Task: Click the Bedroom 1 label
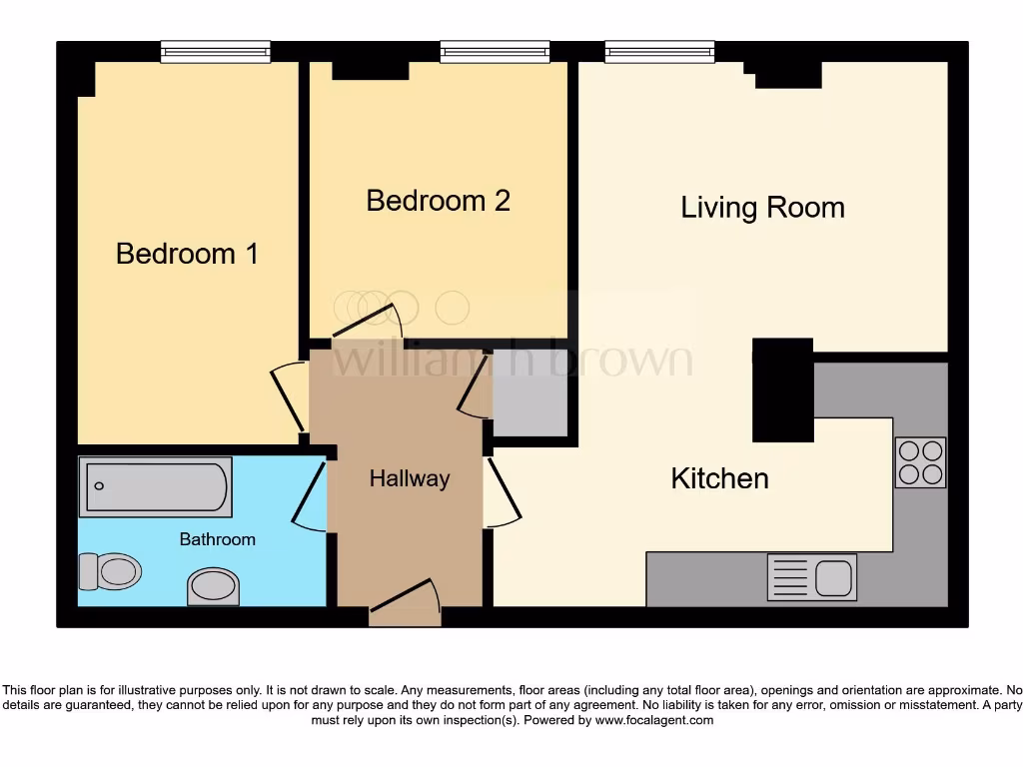pos(187,254)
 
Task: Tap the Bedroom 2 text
pos(438,201)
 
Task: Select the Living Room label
pos(762,208)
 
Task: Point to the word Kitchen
pos(719,478)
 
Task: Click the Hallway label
pos(409,479)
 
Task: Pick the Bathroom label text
pos(217,539)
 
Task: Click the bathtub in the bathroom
pos(155,486)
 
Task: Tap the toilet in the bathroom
pos(109,571)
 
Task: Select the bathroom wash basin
pos(213,585)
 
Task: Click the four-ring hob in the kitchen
pos(920,462)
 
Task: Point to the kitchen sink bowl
pos(833,577)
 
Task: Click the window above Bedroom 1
pos(216,51)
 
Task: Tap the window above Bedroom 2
pos(495,51)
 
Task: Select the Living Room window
pos(659,51)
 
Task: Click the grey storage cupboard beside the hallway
pos(529,393)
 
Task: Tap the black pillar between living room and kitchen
pos(782,389)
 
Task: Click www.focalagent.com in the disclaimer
pos(655,720)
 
